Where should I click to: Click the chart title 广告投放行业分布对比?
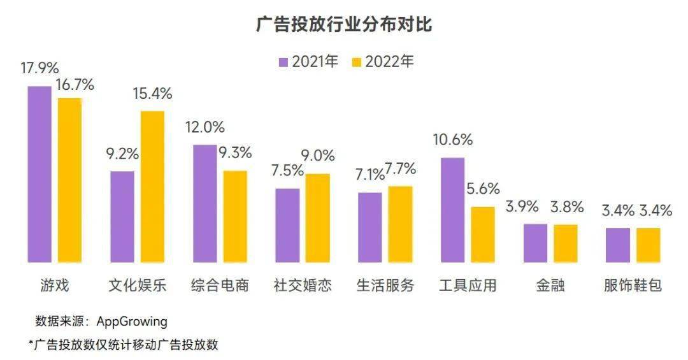(x=344, y=25)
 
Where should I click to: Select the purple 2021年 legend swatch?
(x=283, y=62)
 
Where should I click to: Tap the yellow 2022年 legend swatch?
(x=357, y=62)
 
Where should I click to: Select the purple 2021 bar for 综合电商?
(x=204, y=203)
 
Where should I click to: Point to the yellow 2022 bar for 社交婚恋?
(x=318, y=217)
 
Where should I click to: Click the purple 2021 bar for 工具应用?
(x=452, y=210)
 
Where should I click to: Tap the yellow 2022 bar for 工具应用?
(x=483, y=234)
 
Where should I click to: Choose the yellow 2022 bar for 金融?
(x=565, y=243)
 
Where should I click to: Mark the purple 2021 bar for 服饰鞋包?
(x=617, y=245)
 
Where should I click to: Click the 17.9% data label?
(x=39, y=68)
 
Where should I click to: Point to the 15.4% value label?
(x=152, y=93)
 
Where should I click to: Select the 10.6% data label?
(x=452, y=140)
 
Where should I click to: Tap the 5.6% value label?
(x=483, y=189)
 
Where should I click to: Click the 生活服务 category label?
(x=385, y=285)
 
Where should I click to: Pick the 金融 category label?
(x=550, y=285)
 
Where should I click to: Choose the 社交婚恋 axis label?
(x=303, y=285)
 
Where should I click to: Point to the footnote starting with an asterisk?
(x=124, y=345)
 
